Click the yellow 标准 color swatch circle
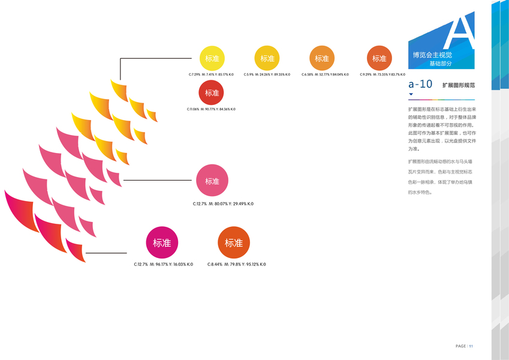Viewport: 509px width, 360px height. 212,58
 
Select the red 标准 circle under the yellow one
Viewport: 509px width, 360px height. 212,93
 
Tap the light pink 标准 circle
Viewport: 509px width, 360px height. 212,181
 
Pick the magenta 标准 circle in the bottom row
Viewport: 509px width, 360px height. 162,243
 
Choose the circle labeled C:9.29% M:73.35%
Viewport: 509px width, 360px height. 380,58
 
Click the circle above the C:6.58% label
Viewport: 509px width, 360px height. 322,58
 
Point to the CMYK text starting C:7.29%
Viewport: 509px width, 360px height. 211,74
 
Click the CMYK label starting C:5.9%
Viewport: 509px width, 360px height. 267,74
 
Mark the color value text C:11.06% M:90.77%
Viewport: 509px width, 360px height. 211,109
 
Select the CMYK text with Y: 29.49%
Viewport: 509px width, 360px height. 223,204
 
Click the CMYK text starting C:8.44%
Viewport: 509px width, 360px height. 236,265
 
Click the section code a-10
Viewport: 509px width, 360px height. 420,84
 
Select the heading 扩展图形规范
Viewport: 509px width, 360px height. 458,85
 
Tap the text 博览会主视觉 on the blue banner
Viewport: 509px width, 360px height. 432,55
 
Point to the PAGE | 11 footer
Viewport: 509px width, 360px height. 465,346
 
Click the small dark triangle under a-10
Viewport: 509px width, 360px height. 411,95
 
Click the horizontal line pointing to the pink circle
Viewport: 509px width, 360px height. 159,180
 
